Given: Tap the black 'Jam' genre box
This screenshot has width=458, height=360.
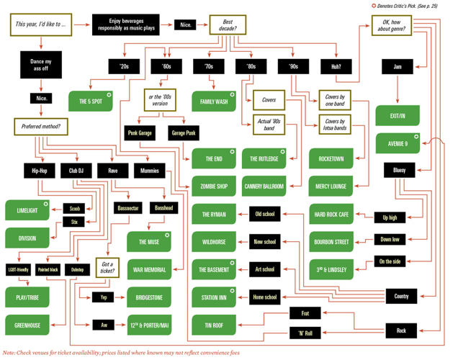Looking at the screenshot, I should (x=397, y=67).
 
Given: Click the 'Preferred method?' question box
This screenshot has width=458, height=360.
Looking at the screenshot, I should (x=41, y=127).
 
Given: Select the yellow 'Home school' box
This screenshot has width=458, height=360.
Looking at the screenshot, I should (x=264, y=296).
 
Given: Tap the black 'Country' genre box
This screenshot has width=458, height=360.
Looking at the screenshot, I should (x=400, y=296).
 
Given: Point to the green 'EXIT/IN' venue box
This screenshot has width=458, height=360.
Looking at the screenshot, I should (x=398, y=115).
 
